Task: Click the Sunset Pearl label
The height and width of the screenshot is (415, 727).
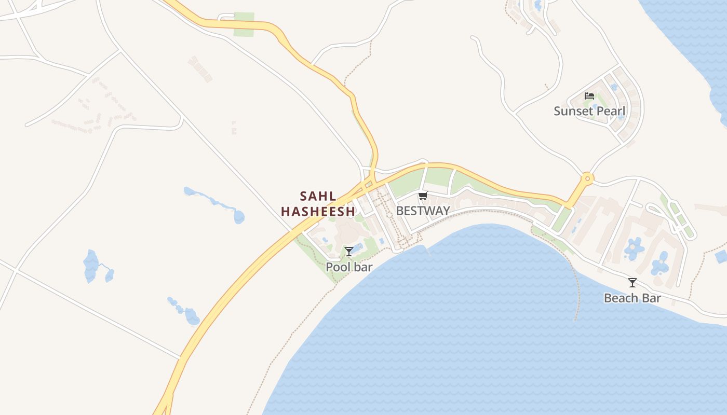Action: (589, 111)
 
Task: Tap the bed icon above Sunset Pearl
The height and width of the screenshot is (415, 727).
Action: (589, 96)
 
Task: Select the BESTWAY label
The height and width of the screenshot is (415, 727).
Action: (423, 211)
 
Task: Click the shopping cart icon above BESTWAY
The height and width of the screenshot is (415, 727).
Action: (423, 196)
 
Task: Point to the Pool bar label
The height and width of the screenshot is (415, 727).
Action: (349, 267)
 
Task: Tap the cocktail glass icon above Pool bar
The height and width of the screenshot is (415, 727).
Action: (349, 252)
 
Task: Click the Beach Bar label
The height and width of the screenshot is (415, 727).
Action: (632, 298)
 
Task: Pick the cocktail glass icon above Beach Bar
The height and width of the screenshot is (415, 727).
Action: (632, 283)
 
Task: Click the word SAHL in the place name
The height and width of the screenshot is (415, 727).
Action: (318, 197)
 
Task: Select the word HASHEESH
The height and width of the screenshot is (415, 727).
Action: (318, 212)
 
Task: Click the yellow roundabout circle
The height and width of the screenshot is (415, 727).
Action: (587, 179)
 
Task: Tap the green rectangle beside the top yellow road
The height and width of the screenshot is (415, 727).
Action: (244, 24)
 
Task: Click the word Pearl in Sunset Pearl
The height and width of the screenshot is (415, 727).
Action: (611, 111)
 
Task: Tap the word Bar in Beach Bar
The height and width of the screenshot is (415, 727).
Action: (652, 298)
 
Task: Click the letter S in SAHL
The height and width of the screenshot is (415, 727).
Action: (304, 197)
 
